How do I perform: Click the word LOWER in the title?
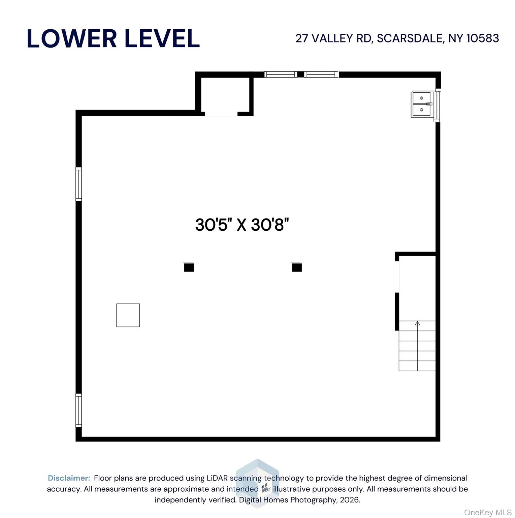point(72,38)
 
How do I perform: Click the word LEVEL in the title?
point(162,38)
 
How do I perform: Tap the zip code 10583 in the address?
point(482,38)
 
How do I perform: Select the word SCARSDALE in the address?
point(410,38)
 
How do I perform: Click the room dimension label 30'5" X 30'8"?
point(242,225)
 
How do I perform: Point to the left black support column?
point(189,267)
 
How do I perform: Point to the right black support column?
point(297,267)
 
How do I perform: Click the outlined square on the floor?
point(128,315)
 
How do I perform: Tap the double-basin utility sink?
point(421,104)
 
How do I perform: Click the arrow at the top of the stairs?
point(417,323)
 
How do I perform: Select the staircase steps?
point(417,347)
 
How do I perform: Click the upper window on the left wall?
point(78,184)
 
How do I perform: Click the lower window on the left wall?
point(78,410)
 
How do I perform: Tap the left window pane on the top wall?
point(280,74)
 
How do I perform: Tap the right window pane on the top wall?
point(321,74)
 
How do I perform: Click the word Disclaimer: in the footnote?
point(69,478)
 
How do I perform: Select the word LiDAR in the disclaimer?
point(217,478)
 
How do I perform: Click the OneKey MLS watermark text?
point(488,513)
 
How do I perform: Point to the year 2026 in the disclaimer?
point(349,500)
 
